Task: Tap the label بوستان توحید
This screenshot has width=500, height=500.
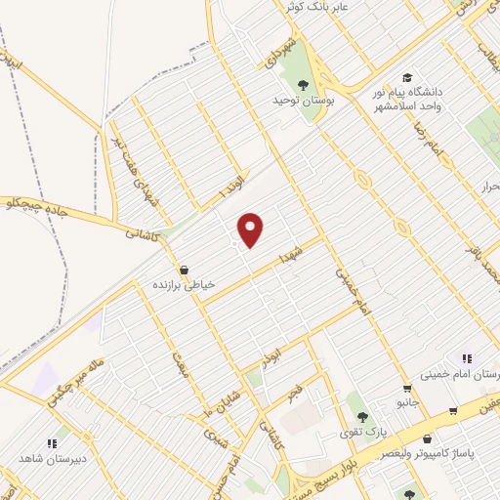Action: [x=304, y=101]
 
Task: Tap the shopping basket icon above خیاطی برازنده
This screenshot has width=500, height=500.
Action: [x=184, y=269]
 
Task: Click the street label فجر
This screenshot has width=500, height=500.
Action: [x=292, y=391]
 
